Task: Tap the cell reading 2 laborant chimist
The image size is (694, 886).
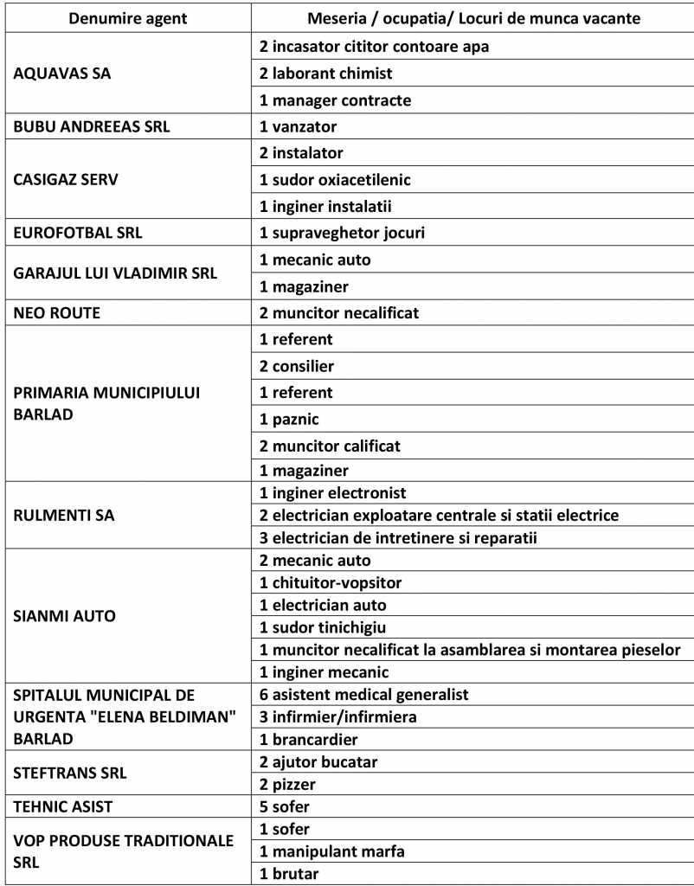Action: (326, 74)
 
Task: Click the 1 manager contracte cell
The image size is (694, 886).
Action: (335, 100)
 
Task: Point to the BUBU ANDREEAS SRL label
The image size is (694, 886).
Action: (92, 127)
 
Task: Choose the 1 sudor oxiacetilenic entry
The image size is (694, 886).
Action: (335, 180)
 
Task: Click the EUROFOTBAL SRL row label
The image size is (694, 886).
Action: (78, 233)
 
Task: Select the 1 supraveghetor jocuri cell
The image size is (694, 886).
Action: (342, 233)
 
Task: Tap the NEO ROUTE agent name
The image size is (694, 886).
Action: (57, 312)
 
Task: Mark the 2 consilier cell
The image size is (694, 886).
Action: (297, 366)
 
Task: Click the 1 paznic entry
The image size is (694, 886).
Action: (290, 419)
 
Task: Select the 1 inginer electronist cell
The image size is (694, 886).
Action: (333, 493)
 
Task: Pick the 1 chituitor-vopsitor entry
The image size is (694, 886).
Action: (331, 582)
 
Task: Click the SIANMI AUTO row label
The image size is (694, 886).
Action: (65, 616)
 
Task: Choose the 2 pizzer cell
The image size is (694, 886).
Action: (289, 784)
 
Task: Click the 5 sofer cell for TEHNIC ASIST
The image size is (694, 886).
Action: (285, 806)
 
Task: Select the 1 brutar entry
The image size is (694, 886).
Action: (289, 873)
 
